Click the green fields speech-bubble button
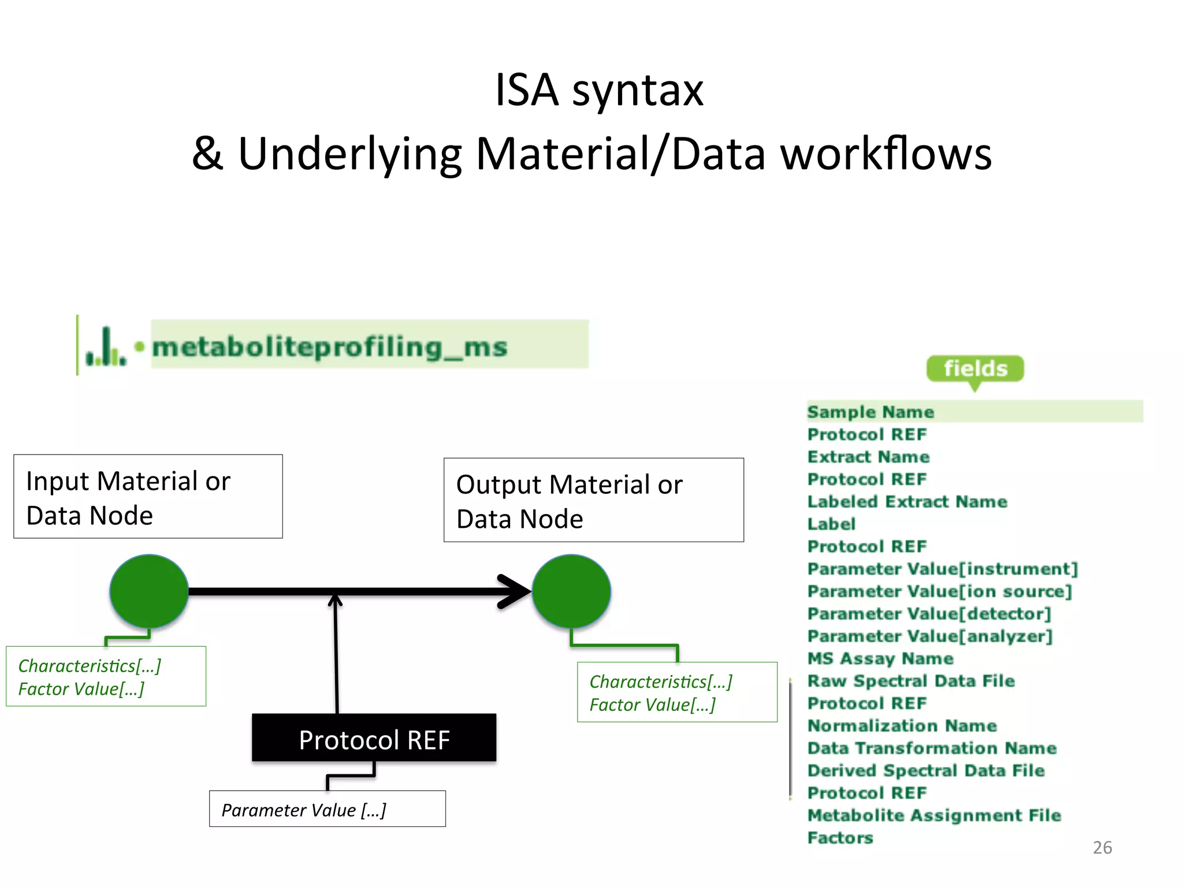click(x=975, y=368)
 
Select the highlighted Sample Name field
click(x=870, y=412)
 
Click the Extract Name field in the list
click(x=868, y=457)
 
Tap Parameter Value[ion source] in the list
click(x=939, y=591)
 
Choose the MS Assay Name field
click(x=880, y=658)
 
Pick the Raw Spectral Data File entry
click(x=910, y=681)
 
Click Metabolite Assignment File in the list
click(x=933, y=815)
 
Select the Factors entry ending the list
click(x=840, y=838)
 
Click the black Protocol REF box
click(x=374, y=739)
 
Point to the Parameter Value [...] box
click(x=327, y=809)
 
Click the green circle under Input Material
click(x=149, y=591)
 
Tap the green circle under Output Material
click(x=571, y=591)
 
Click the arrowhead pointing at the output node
click(x=514, y=591)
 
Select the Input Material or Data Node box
click(x=148, y=497)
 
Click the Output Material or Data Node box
click(x=593, y=500)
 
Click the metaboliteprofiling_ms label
click(x=329, y=347)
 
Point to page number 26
click(x=1102, y=848)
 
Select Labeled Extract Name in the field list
click(x=907, y=502)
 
